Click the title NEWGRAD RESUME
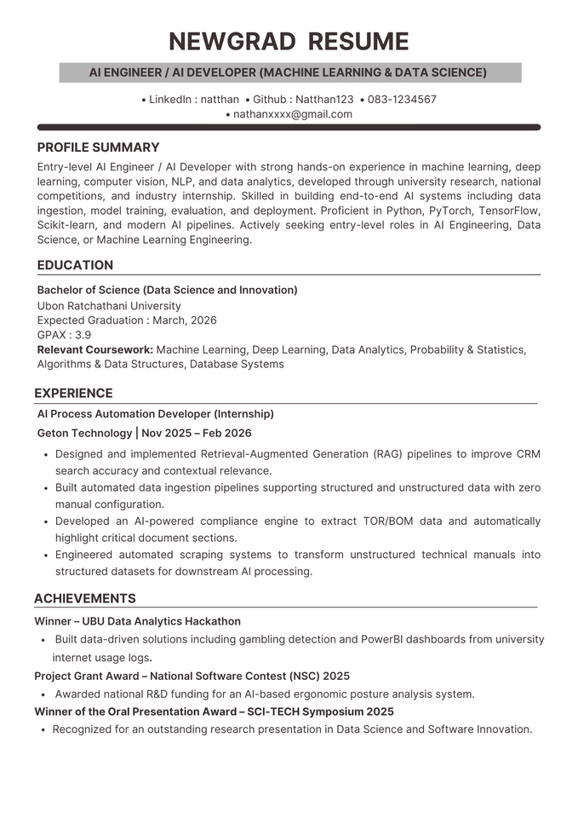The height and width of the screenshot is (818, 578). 289,41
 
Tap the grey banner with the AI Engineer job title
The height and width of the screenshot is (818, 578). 289,72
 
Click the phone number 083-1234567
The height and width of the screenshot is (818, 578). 402,99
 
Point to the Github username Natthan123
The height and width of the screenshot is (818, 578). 324,99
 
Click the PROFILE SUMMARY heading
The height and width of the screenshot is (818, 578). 98,147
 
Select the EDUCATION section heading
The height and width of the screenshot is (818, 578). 75,265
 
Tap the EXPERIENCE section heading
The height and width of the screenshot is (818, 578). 73,393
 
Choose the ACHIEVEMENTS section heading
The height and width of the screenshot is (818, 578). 85,598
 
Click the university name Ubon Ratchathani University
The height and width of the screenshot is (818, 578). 109,306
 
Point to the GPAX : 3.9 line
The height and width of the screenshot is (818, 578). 64,335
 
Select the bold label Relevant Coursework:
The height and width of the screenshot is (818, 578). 95,349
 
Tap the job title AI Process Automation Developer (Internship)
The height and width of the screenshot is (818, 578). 156,414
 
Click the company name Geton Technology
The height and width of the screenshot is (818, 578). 84,433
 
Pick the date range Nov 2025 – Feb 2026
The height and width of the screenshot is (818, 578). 197,433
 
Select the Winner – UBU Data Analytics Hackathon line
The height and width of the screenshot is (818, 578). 137,621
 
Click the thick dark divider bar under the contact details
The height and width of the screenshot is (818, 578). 289,127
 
